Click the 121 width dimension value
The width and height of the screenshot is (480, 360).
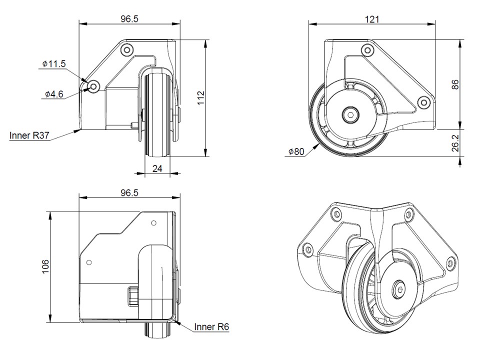[x=372, y=19]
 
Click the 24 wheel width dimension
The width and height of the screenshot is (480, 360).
[x=157, y=168]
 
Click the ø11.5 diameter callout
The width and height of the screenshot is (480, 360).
[x=54, y=64]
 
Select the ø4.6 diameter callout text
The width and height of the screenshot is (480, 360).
[x=54, y=93]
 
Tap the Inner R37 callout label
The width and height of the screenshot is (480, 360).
[x=29, y=135]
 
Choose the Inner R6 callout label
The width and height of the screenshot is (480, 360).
[x=212, y=327]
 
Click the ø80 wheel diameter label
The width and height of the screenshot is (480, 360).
[x=296, y=152]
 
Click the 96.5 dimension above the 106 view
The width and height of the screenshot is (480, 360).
[x=129, y=192]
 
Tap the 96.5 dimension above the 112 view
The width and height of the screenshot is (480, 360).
[x=129, y=19]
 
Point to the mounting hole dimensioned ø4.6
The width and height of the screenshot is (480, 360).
[x=93, y=86]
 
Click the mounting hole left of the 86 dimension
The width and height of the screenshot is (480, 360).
[x=424, y=102]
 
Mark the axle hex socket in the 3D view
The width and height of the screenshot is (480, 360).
[x=398, y=289]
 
